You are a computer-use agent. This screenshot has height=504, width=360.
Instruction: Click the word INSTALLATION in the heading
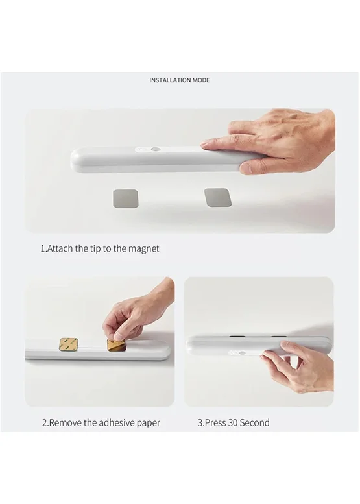point(170,80)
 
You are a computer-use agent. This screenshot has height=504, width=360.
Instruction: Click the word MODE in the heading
point(201,80)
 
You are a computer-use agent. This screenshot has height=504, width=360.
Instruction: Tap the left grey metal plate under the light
point(125,198)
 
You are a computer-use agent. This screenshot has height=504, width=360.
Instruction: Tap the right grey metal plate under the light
point(218,197)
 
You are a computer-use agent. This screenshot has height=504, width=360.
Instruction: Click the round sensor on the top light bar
point(156,150)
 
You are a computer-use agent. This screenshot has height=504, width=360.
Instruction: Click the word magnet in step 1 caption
point(144,248)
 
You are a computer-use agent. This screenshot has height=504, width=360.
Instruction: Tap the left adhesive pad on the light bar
point(67,344)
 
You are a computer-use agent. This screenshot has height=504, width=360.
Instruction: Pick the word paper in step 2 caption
point(149,423)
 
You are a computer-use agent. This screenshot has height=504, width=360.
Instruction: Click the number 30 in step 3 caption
point(233,422)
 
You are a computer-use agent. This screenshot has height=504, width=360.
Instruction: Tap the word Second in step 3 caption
point(254,422)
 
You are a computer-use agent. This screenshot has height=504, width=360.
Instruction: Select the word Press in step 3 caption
point(215,422)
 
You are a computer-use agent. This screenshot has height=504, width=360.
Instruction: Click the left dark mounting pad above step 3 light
point(237,337)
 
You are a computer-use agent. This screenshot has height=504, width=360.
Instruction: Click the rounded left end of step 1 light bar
point(75,160)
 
